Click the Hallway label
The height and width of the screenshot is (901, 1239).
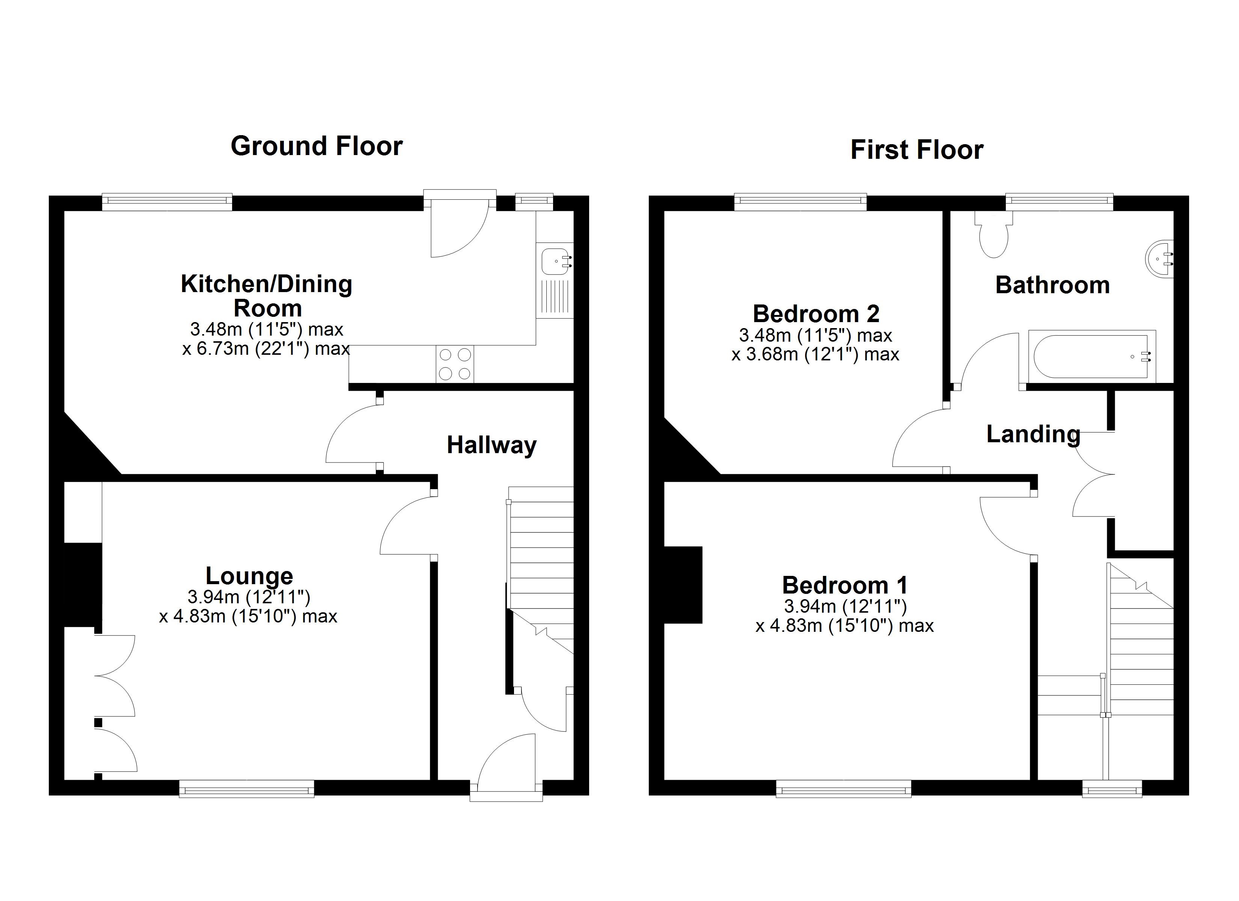491,445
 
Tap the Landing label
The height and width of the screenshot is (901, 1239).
1032,434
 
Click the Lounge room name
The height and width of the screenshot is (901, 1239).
249,576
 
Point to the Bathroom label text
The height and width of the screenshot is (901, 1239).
1052,285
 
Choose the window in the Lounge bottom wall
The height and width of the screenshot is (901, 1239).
247,788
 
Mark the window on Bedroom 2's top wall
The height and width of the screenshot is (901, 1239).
800,202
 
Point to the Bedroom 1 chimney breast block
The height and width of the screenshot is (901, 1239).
683,585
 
